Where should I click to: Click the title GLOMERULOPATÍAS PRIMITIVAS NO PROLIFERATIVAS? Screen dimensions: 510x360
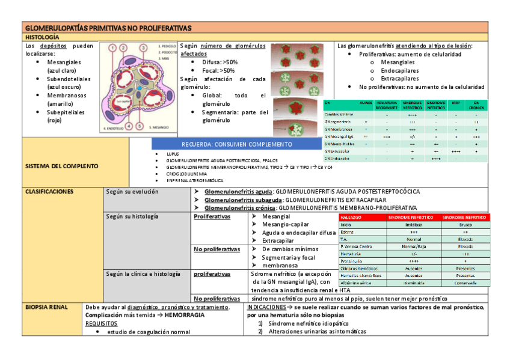108,28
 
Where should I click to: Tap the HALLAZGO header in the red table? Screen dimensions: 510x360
351,217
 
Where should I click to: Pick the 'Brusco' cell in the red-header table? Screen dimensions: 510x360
465,224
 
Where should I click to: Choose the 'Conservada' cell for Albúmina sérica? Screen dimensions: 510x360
465,282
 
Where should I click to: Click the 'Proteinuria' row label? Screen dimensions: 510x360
351,261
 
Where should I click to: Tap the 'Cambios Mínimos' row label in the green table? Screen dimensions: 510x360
339,114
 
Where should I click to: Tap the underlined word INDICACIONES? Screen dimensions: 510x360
266,307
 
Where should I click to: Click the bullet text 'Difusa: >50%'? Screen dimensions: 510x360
220,62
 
